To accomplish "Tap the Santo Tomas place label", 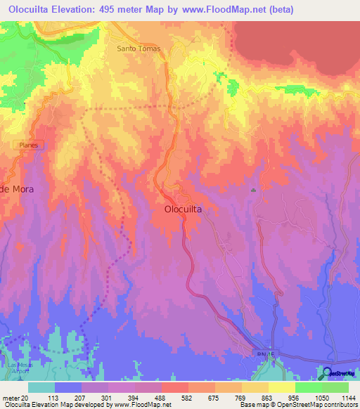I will pos(139,48).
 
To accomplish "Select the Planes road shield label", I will pos(28,144).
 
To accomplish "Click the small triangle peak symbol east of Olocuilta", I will pos(253,190).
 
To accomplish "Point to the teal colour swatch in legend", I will pos(41,387).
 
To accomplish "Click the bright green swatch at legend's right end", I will pos(335,387).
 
